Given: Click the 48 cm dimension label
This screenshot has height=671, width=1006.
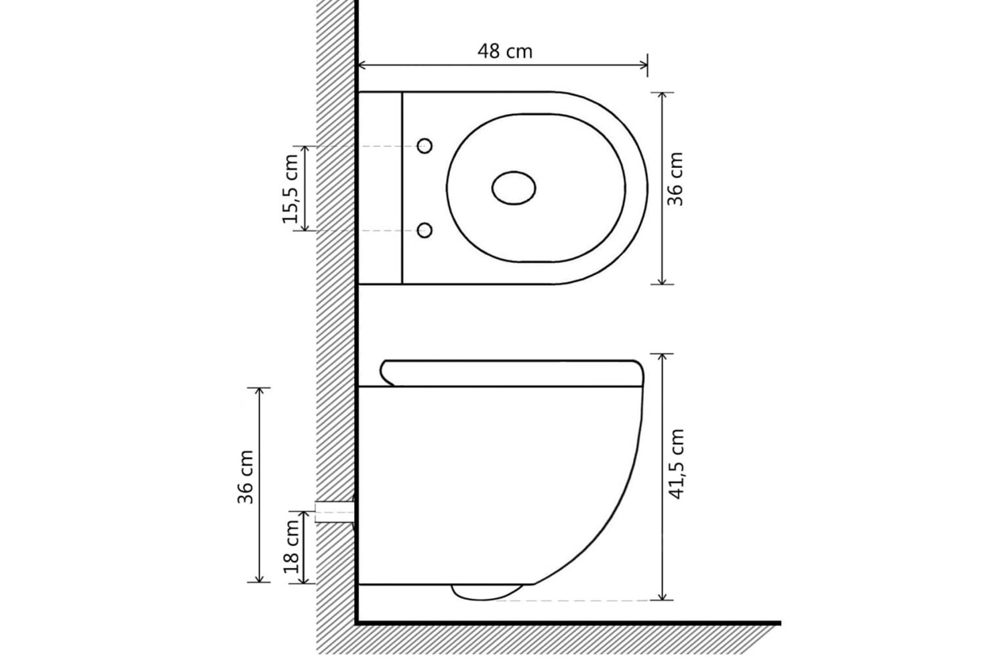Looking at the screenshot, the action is [x=505, y=51].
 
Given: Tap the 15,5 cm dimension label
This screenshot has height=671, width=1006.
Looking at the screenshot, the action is [x=290, y=189].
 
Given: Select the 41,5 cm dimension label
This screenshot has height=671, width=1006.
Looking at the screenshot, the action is [x=676, y=464].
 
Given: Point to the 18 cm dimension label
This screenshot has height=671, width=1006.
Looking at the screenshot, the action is [x=291, y=546].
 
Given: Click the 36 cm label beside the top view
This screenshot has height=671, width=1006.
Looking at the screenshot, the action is [x=675, y=179].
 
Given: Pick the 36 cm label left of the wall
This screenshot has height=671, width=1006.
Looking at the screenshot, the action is [x=245, y=477].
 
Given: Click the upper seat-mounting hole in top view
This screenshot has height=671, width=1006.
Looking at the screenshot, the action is [x=425, y=146].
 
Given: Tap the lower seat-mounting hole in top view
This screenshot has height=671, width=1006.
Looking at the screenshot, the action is [x=425, y=231].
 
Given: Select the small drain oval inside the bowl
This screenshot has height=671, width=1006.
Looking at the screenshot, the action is [x=513, y=188].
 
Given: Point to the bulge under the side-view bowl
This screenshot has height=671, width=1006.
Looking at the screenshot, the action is [x=488, y=592].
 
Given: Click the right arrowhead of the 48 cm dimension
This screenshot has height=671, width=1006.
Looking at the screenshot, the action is [x=644, y=66].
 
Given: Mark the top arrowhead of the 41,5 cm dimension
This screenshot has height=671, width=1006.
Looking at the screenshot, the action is [x=661, y=358].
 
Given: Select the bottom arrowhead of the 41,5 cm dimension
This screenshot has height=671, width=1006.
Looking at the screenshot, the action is [x=661, y=595].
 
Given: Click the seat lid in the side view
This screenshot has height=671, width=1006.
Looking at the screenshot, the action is [x=512, y=373].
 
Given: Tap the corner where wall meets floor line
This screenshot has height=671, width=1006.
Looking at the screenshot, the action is [x=357, y=623].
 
